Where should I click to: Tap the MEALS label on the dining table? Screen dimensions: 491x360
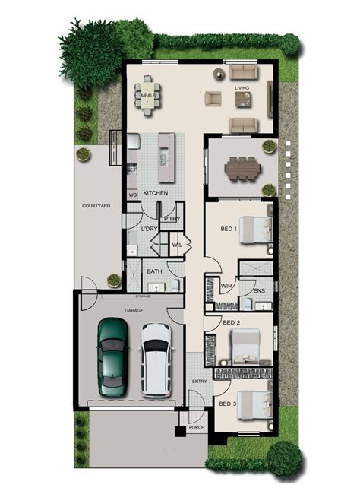pyautogui.click(x=148, y=95)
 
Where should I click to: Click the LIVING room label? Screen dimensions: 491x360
pyautogui.click(x=242, y=89)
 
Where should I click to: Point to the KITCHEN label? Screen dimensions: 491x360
pyautogui.click(x=155, y=194)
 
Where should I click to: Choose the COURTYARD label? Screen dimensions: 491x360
pyautogui.click(x=96, y=205)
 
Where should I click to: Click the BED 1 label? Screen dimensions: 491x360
pyautogui.click(x=229, y=228)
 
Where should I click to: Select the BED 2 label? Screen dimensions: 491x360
pyautogui.click(x=232, y=322)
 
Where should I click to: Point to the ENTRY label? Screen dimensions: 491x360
pyautogui.click(x=199, y=381)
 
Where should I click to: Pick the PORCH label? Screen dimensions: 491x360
pyautogui.click(x=197, y=427)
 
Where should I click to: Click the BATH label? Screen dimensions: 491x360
pyautogui.click(x=154, y=271)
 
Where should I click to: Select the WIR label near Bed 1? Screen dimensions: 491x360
pyautogui.click(x=226, y=286)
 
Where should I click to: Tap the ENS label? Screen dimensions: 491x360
pyautogui.click(x=259, y=290)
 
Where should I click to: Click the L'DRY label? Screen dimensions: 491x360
pyautogui.click(x=149, y=229)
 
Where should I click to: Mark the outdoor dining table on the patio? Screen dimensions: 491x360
pyautogui.click(x=242, y=166)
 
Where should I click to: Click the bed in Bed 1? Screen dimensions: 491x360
pyautogui.click(x=257, y=228)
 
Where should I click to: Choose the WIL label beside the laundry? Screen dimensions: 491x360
pyautogui.click(x=177, y=245)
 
